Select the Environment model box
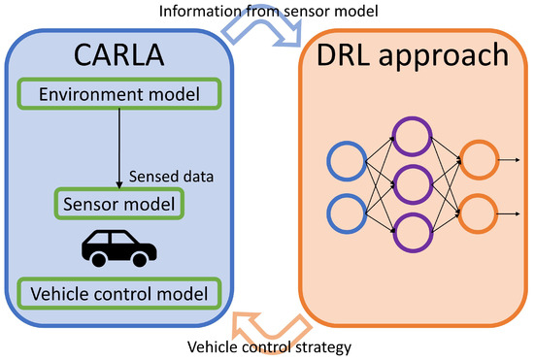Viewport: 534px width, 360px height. pos(119,95)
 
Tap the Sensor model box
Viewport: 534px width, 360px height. pos(119,205)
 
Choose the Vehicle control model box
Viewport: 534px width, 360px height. pos(119,291)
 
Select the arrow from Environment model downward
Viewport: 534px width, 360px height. pos(119,146)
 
